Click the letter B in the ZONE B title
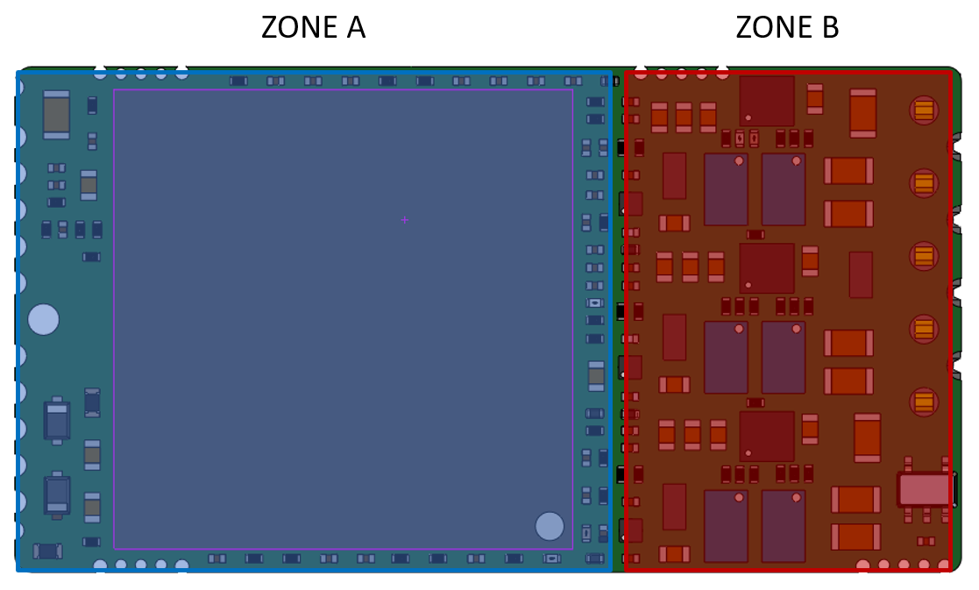(830, 28)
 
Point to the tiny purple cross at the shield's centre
(404, 220)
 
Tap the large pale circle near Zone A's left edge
(43, 319)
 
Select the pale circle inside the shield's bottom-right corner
(550, 526)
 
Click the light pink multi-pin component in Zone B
(925, 489)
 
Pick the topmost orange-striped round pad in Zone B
(924, 110)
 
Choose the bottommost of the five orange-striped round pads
(924, 402)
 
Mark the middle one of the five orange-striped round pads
(924, 256)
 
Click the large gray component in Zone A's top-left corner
(56, 114)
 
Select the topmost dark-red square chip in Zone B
(767, 101)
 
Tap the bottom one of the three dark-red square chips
(767, 437)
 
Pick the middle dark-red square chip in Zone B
(767, 268)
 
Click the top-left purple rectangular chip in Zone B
(726, 189)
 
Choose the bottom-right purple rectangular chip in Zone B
(784, 526)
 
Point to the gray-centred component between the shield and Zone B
(596, 375)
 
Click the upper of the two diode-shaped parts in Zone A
(57, 421)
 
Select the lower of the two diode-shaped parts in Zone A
(57, 495)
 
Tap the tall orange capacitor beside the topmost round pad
(863, 113)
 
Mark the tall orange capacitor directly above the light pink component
(867, 437)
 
